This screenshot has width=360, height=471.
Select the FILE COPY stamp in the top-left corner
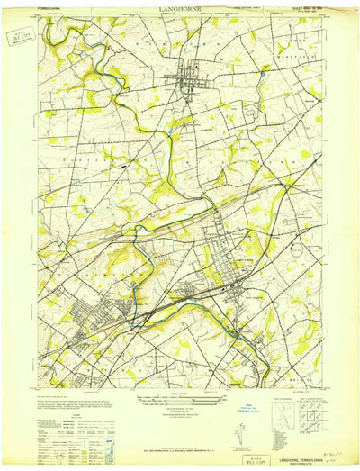point(17,37)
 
